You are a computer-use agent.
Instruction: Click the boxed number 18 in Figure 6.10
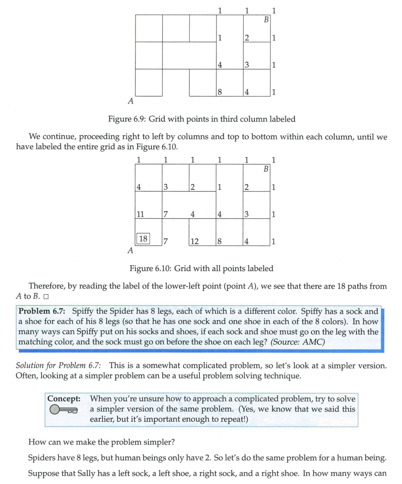(143, 239)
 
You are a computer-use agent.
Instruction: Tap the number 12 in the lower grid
(194, 241)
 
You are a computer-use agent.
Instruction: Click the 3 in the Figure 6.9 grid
(247, 65)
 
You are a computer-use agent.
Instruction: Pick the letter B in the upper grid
(266, 19)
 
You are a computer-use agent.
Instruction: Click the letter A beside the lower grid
(130, 251)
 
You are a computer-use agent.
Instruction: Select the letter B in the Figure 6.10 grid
(266, 169)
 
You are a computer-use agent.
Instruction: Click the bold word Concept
(64, 399)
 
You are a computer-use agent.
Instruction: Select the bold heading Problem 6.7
(43, 311)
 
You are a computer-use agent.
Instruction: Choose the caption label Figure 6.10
(149, 269)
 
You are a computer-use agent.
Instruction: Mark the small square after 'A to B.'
(46, 297)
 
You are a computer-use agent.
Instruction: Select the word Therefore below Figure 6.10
(47, 287)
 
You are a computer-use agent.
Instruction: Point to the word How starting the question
(36, 441)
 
